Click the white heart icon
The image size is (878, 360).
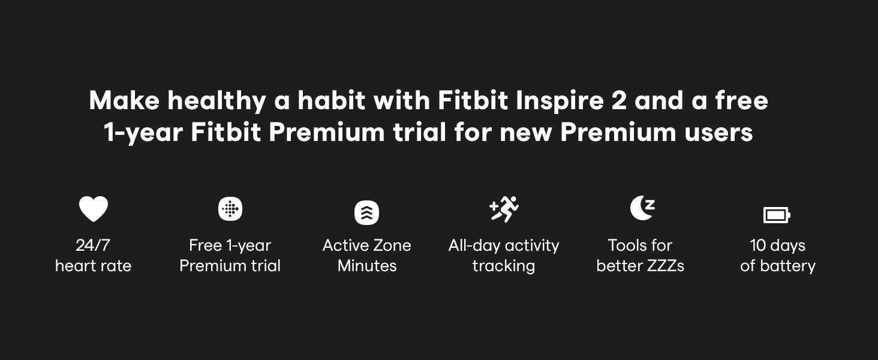[94, 209]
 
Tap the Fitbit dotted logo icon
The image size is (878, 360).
[230, 209]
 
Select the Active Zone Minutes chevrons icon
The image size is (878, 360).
[366, 212]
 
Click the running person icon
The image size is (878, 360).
[504, 209]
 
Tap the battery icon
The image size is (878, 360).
[777, 215]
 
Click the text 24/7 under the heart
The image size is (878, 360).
[93, 245]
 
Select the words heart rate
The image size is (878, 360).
[94, 266]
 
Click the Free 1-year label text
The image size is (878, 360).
[230, 246]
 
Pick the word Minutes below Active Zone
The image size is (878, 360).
[367, 266]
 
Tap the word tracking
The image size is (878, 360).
[504, 266]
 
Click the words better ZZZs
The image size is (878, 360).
[641, 266]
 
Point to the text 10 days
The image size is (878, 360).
[778, 246]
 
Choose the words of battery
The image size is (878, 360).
[778, 266]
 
